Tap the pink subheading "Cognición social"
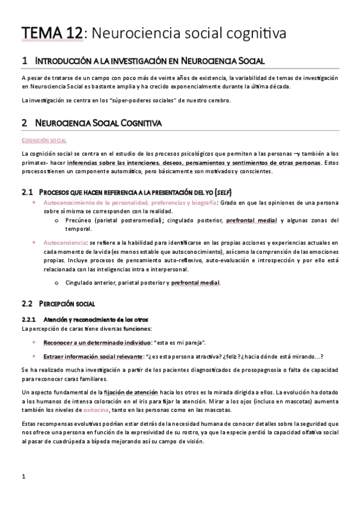pos(43,140)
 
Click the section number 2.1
pos(26,192)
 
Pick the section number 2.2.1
pos(28,319)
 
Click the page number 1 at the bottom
pos(23,478)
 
